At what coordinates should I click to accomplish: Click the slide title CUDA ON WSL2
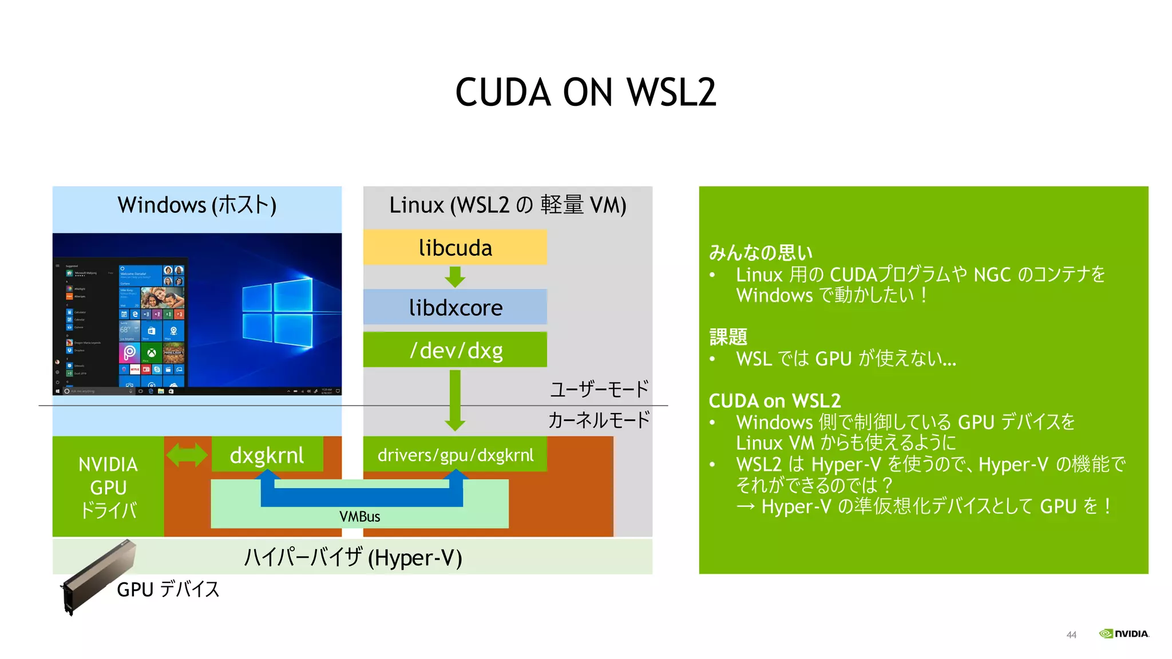coord(585,93)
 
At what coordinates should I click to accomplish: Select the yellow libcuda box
coord(455,248)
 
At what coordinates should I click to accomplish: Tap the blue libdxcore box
coord(455,308)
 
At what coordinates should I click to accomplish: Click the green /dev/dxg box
coord(455,350)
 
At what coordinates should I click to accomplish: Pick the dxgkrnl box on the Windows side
coord(267,455)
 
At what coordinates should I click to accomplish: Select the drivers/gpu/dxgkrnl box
coord(455,455)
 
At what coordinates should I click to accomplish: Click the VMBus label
coord(359,517)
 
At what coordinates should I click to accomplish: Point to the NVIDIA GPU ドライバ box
coord(108,487)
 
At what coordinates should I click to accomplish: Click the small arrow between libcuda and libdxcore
coord(455,277)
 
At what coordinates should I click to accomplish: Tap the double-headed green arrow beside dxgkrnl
coord(187,455)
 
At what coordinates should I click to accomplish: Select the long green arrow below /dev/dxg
coord(455,400)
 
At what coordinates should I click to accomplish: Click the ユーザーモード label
coord(599,390)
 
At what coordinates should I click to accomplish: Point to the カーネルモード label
coord(599,420)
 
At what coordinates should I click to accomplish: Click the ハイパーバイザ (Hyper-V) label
coord(353,557)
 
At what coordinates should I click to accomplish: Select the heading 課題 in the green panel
coord(728,337)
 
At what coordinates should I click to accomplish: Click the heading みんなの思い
coord(761,252)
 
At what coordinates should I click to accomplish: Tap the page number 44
coord(1071,635)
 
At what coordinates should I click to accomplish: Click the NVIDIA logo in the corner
coord(1124,634)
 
